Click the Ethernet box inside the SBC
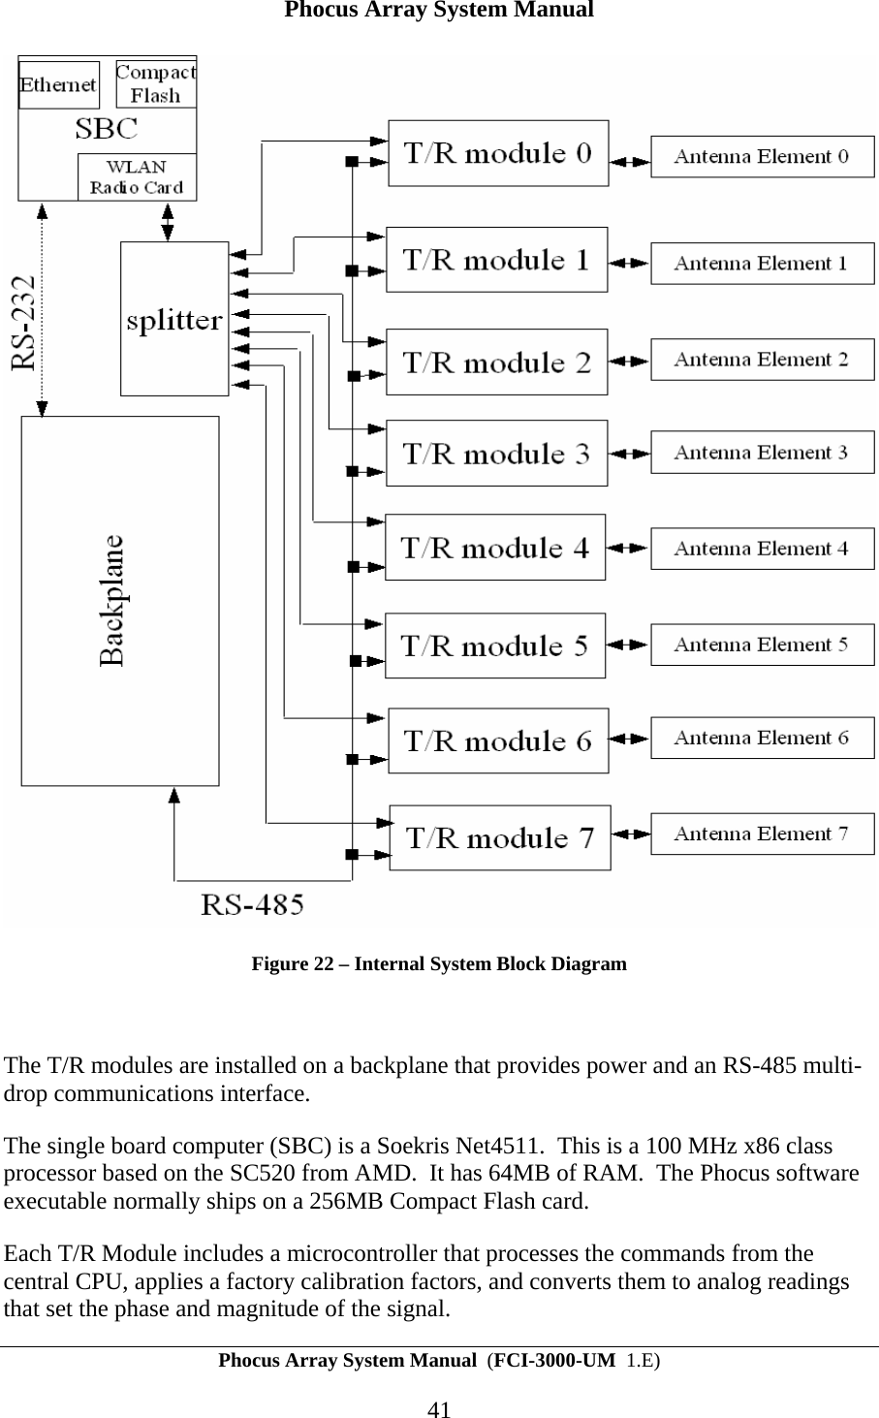coord(58,85)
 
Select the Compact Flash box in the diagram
coord(156,84)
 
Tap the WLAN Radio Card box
coord(137,177)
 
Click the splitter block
coord(174,320)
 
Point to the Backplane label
coord(113,600)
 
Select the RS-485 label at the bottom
coord(252,905)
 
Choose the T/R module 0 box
coord(498,153)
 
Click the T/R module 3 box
coord(496,454)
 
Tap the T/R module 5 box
coord(495,646)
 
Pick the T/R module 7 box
coord(500,837)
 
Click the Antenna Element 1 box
coord(762,264)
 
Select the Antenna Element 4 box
coord(762,549)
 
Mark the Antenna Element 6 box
coord(762,739)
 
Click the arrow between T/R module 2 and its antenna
coord(629,362)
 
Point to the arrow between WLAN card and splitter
coord(168,221)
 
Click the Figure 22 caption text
coord(439,964)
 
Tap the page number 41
coord(439,1408)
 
